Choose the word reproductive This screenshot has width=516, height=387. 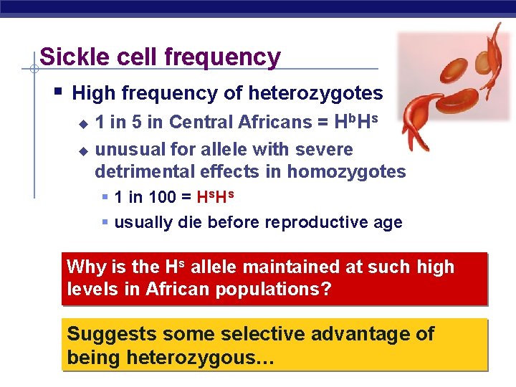315,223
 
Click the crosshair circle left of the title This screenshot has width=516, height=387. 34,70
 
